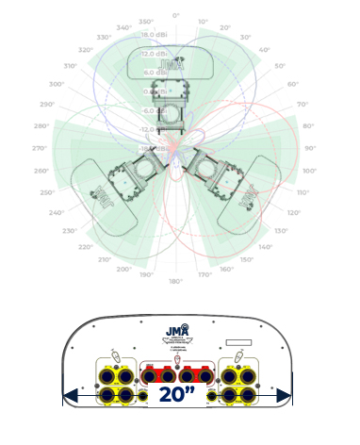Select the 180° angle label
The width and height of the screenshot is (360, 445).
click(x=175, y=281)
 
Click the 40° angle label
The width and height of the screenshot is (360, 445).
click(x=263, y=49)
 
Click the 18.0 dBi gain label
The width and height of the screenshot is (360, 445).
click(x=155, y=34)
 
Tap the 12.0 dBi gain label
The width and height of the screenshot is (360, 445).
click(x=155, y=54)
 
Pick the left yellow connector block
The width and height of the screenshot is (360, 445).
click(x=114, y=381)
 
